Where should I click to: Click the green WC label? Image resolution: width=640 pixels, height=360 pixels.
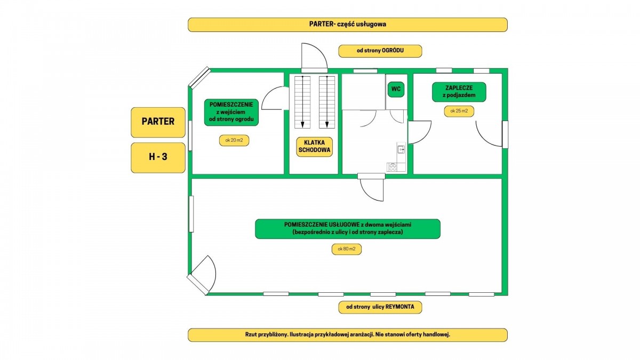pyautogui.click(x=396, y=89)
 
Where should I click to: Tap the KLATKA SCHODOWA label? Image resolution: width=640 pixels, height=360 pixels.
pyautogui.click(x=314, y=147)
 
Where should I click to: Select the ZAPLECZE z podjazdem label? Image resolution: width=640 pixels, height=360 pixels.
pyautogui.click(x=459, y=92)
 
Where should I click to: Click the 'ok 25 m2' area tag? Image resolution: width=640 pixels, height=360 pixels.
pyautogui.click(x=459, y=111)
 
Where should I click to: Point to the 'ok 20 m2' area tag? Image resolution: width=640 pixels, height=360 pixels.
pyautogui.click(x=235, y=140)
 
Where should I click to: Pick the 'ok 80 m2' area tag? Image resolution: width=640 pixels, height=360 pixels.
pyautogui.click(x=347, y=249)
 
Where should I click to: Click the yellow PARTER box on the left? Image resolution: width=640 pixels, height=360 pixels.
pyautogui.click(x=158, y=122)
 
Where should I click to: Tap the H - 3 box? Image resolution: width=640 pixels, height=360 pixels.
pyautogui.click(x=158, y=157)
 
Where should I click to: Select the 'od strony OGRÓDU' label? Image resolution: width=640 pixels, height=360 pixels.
pyautogui.click(x=380, y=51)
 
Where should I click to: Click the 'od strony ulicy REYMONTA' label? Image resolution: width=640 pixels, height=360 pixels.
pyautogui.click(x=380, y=307)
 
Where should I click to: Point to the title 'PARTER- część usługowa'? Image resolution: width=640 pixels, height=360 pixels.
pyautogui.click(x=347, y=25)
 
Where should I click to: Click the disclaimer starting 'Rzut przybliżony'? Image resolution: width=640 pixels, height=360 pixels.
pyautogui.click(x=347, y=335)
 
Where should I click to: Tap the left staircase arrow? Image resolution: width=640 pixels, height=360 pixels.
pyautogui.click(x=302, y=101)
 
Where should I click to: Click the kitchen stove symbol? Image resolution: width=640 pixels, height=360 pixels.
pyautogui.click(x=393, y=167)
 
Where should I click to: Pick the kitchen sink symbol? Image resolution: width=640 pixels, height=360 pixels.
pyautogui.click(x=401, y=149)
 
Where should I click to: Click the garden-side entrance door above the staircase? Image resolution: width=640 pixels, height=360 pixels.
pyautogui.click(x=314, y=58)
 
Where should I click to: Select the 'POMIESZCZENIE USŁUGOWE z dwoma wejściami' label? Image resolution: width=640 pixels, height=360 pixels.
pyautogui.click(x=348, y=229)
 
